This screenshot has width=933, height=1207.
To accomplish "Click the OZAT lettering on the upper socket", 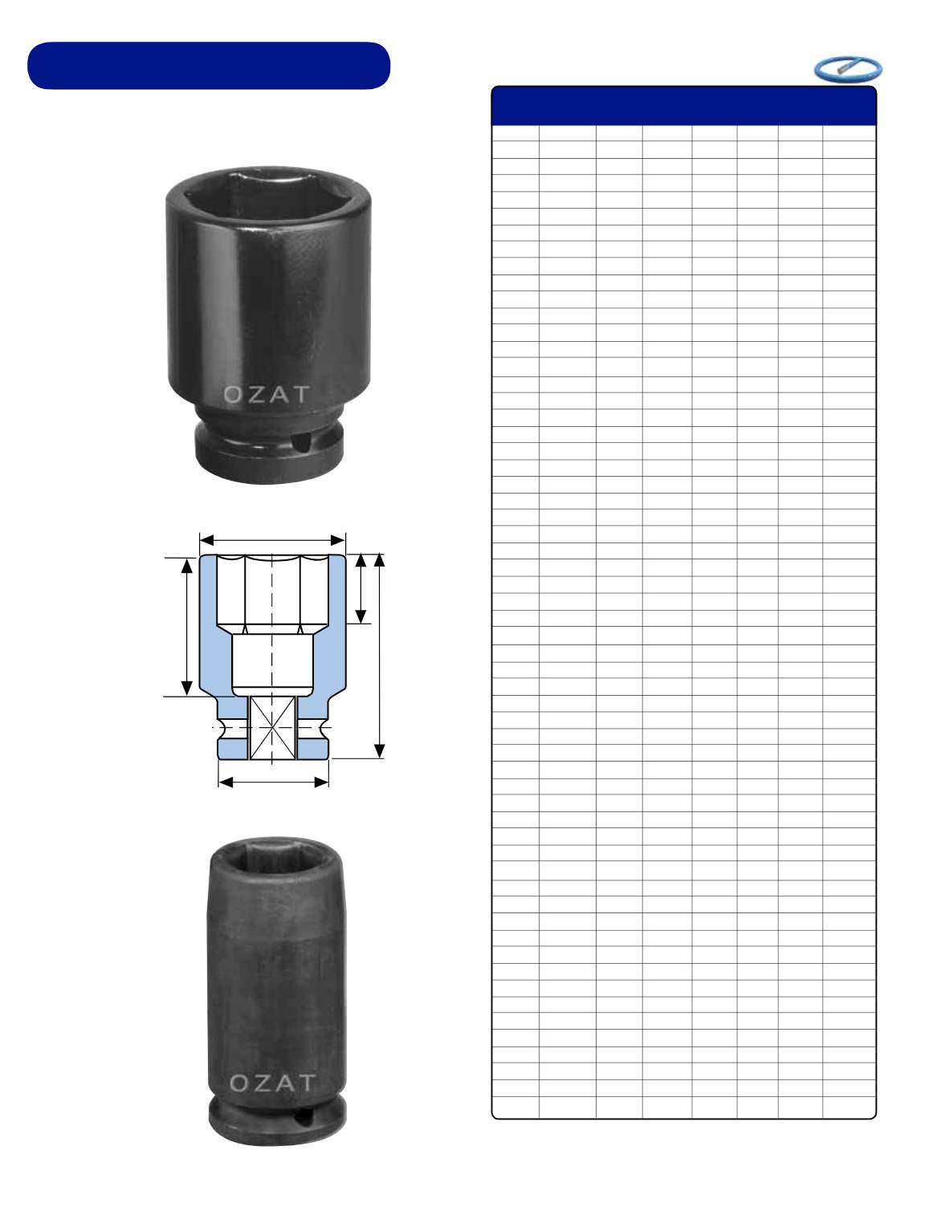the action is pyautogui.click(x=267, y=395).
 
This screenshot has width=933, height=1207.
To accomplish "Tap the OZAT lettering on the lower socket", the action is pyautogui.click(x=272, y=1083).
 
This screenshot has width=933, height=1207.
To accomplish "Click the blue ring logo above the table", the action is pyautogui.click(x=848, y=70).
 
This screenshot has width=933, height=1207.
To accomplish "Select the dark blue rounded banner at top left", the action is pyautogui.click(x=209, y=66).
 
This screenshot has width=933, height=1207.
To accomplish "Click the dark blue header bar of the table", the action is pyautogui.click(x=684, y=106).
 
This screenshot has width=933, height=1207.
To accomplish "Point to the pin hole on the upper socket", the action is pyautogui.click(x=300, y=443).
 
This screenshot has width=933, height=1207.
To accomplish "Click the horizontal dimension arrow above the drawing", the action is pyautogui.click(x=272, y=540).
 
